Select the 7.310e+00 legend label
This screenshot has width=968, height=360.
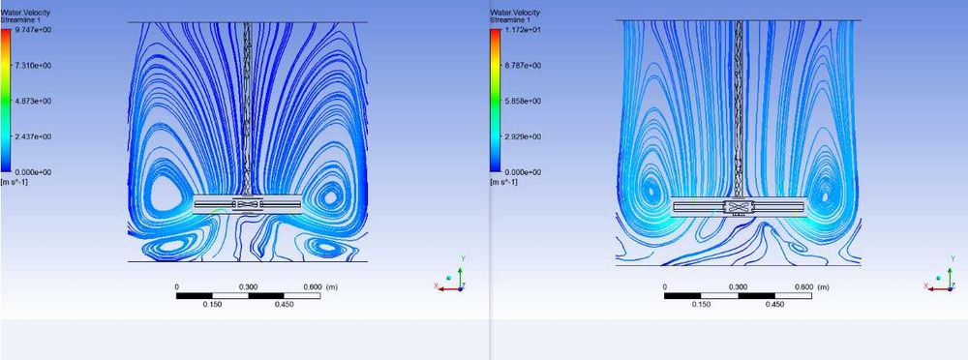coord(31,66)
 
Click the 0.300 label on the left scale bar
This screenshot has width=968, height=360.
coord(248,286)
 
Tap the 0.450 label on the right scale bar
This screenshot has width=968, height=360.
coord(774,304)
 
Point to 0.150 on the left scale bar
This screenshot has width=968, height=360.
coord(212,304)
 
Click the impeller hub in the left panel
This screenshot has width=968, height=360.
coord(247,205)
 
